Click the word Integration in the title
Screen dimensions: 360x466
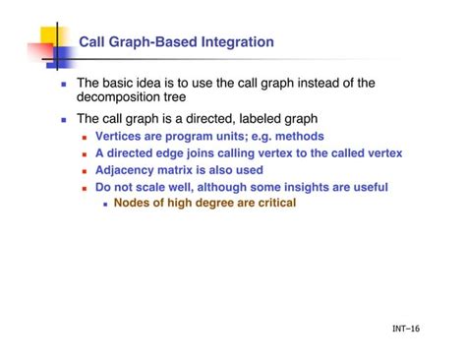pos(236,42)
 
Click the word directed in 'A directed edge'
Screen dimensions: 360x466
pos(137,153)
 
